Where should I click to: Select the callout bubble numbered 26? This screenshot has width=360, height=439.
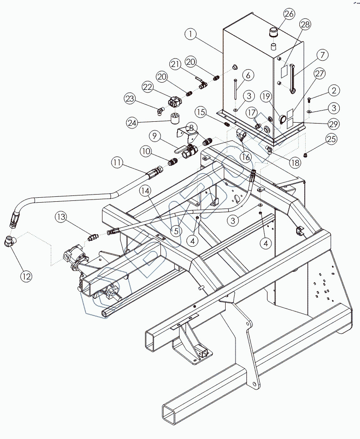point(289,14)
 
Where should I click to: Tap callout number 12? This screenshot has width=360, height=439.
point(26,276)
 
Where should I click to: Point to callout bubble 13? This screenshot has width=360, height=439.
point(62,217)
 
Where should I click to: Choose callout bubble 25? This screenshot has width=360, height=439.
point(331,139)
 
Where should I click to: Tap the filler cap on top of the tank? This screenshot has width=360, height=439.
point(274,32)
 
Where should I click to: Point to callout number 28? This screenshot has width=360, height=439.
point(306,25)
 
